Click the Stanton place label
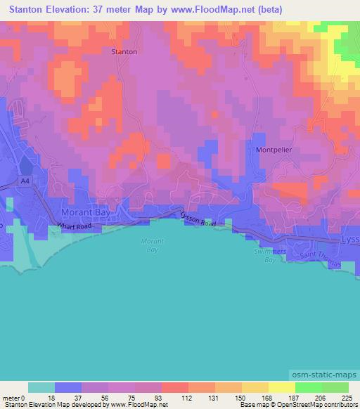[x=124, y=51]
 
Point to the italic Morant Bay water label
[x=152, y=245]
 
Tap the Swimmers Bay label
[x=265, y=255]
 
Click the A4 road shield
[x=26, y=181]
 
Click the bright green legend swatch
[x=308, y=387]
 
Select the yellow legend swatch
[x=281, y=387]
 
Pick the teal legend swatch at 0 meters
[x=41, y=387]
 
